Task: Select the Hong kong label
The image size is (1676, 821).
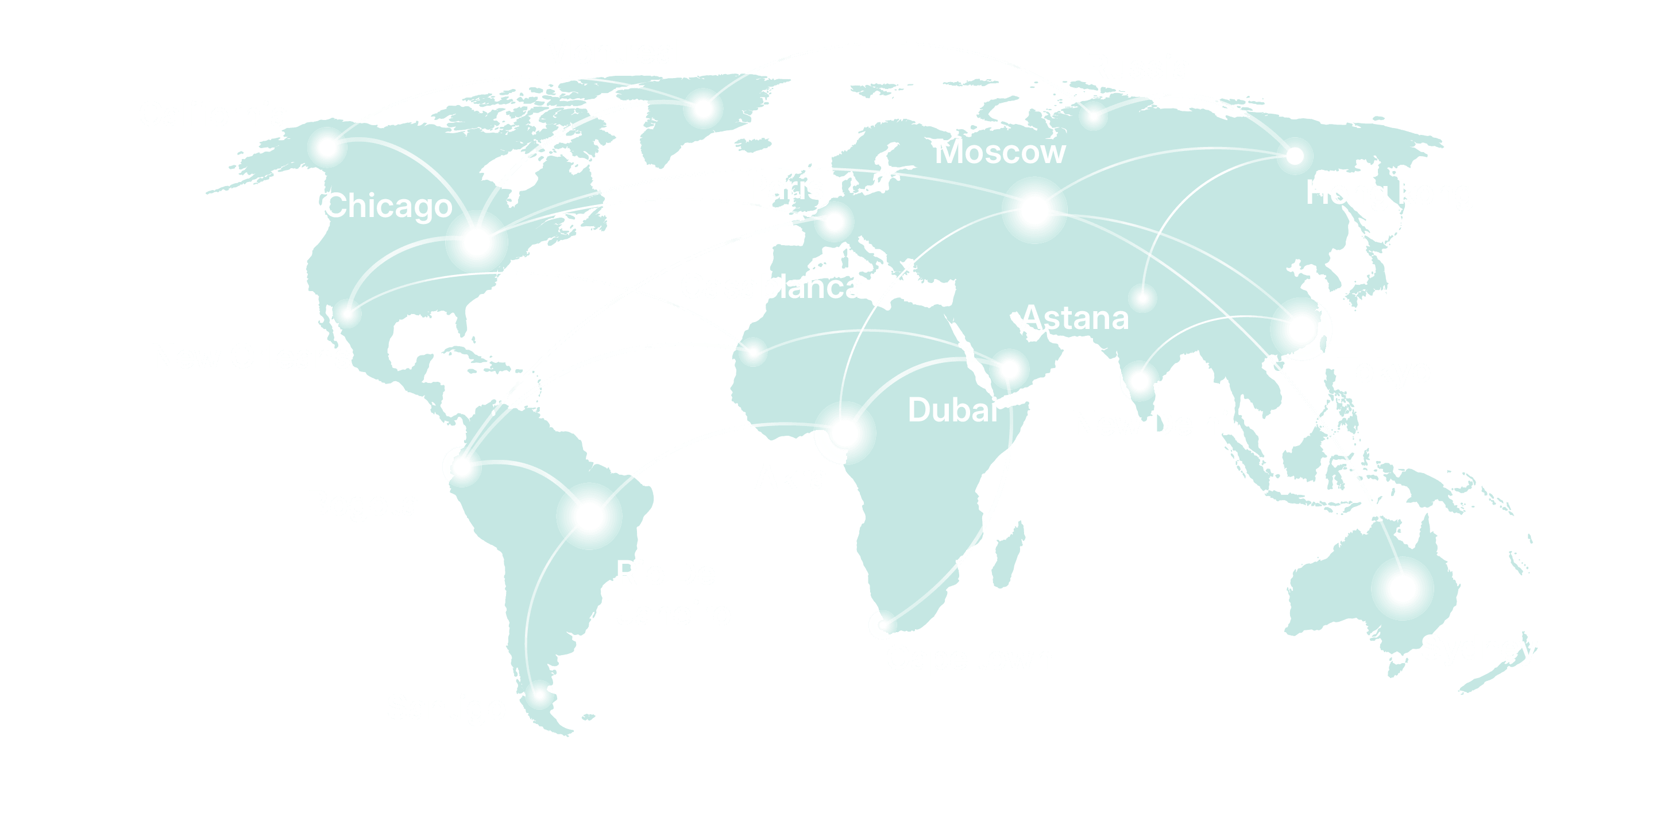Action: point(1389,193)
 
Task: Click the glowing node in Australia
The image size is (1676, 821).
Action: point(1402,588)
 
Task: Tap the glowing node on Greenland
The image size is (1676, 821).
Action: point(702,109)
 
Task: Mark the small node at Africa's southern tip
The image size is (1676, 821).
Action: point(882,625)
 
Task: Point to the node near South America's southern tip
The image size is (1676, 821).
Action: point(539,695)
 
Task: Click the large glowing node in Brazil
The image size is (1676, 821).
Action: point(589,516)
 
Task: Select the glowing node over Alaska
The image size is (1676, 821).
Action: point(327,147)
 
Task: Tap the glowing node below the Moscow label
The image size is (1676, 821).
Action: point(1034,210)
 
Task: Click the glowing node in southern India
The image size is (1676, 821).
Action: point(1139,381)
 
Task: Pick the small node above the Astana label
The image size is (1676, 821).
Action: point(1142,299)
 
